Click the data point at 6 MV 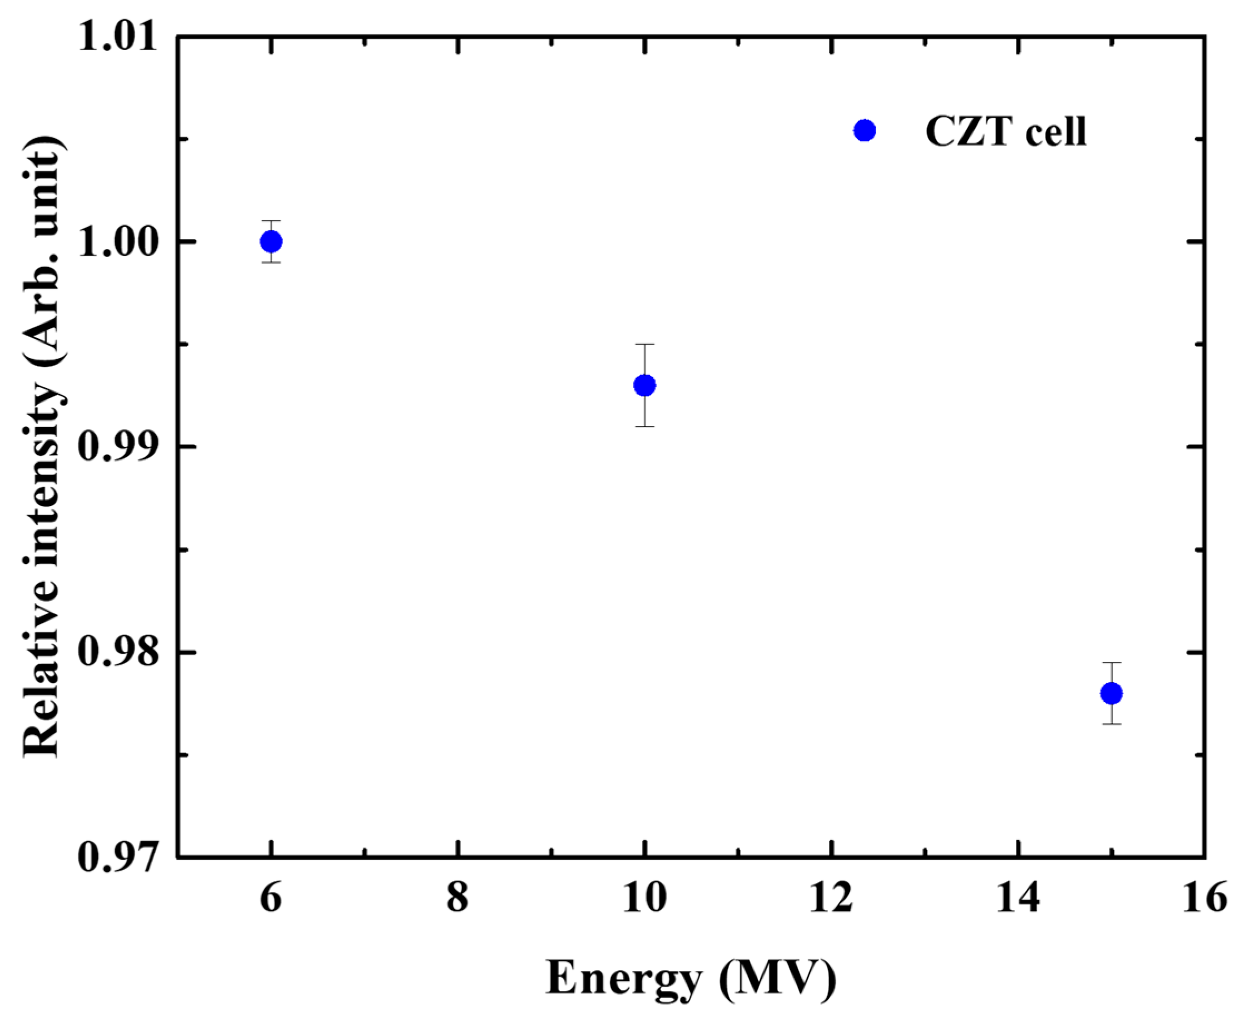pyautogui.click(x=271, y=241)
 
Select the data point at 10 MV pyautogui.click(x=644, y=385)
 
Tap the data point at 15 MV pyautogui.click(x=1110, y=693)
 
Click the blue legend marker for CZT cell pyautogui.click(x=864, y=131)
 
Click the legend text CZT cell pyautogui.click(x=1005, y=131)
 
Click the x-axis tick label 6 pyautogui.click(x=271, y=898)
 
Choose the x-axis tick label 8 pyautogui.click(x=458, y=898)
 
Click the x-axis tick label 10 pyautogui.click(x=644, y=898)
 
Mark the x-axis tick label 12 pyautogui.click(x=831, y=898)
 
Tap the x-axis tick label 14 pyautogui.click(x=1018, y=898)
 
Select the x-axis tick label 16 pyautogui.click(x=1204, y=898)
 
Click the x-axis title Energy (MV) pyautogui.click(x=691, y=978)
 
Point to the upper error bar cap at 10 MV pyautogui.click(x=644, y=344)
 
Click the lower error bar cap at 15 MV pyautogui.click(x=1110, y=724)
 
